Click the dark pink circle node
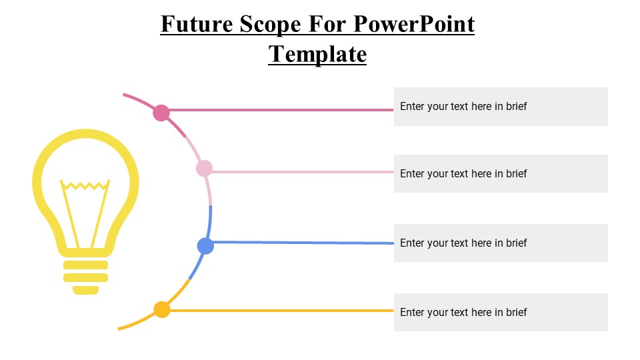[161, 113]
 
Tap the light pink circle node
[204, 169]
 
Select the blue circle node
[205, 246]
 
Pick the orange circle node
[162, 309]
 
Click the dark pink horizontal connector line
[280, 110]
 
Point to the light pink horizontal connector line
[300, 172]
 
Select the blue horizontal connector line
[300, 243]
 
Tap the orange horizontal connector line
[280, 311]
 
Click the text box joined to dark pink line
[501, 107]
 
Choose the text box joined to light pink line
[501, 174]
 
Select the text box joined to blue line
[501, 243]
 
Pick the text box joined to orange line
[501, 312]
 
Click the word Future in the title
[195, 25]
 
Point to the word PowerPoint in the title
[413, 25]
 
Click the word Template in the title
[317, 53]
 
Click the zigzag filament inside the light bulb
[85, 185]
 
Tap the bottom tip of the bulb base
[86, 290]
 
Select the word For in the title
[327, 25]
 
